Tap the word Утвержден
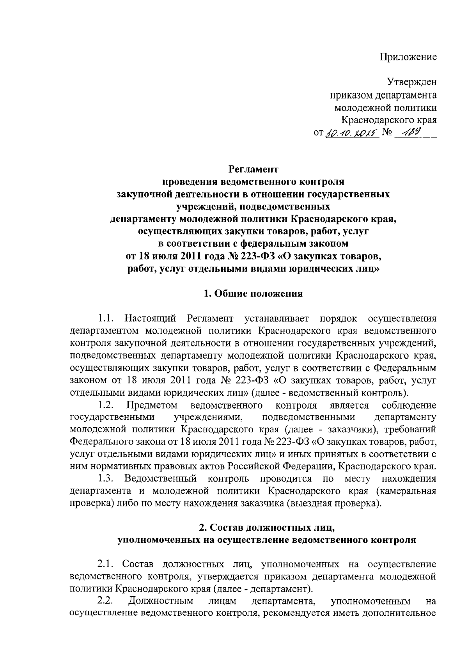point(411,82)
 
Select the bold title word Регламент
point(253,170)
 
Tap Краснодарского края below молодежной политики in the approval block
point(389,120)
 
